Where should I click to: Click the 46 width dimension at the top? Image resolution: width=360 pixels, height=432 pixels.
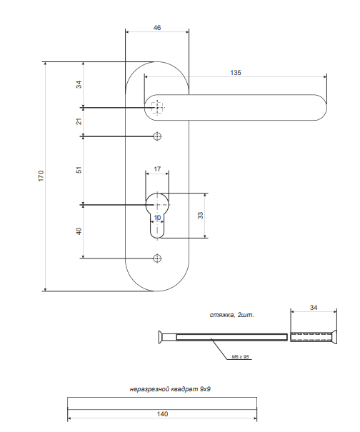coord(157,28)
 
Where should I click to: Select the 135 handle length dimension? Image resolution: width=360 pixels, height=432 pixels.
coord(236,72)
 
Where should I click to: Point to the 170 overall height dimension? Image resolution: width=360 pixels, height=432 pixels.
coord(41,176)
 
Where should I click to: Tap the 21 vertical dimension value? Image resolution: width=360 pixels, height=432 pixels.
coord(79,121)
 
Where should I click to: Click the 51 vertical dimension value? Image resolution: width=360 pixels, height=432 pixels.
coord(79,170)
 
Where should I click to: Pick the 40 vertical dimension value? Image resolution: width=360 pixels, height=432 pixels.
coord(79,231)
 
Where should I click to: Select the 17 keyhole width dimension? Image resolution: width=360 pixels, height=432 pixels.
coord(157,169)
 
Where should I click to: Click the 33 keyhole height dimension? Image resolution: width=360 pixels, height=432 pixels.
coord(201,215)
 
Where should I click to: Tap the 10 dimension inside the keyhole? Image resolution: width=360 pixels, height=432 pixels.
coord(157,218)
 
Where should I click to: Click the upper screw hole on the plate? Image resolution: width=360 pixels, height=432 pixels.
coord(157,136)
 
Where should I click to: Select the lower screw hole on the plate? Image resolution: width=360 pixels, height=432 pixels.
coord(157,258)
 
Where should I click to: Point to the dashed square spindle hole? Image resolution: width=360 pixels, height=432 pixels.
coord(157,107)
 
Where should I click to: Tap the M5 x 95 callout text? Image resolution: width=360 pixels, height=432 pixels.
coord(240,357)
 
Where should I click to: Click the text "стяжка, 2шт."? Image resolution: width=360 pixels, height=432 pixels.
coord(232,315)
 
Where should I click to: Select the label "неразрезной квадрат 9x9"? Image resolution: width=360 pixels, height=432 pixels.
coord(170,389)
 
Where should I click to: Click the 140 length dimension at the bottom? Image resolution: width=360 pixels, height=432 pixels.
coord(162,414)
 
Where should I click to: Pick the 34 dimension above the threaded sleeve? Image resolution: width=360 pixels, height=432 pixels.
coord(314,308)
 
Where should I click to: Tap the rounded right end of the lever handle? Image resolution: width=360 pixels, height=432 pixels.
coord(321,107)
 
